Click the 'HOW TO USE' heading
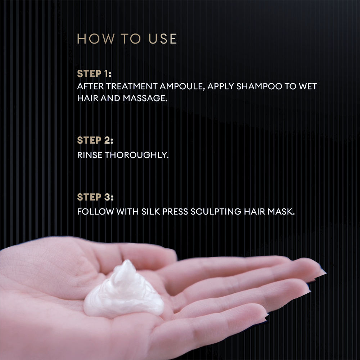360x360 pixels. (x=127, y=39)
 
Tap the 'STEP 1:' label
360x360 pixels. (x=94, y=74)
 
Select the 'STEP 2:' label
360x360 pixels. (x=95, y=140)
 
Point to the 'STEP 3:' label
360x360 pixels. (x=95, y=197)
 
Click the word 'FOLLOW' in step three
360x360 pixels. (x=95, y=212)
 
